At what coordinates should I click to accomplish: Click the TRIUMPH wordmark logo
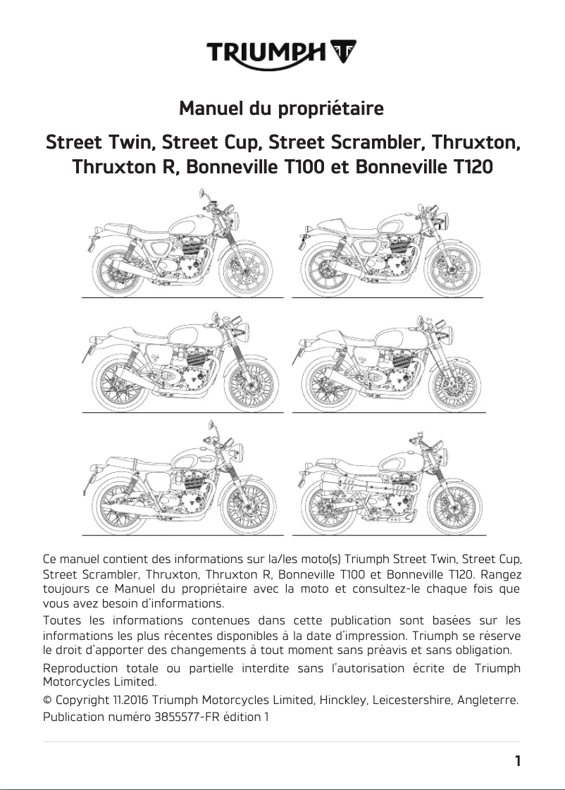pyautogui.click(x=266, y=52)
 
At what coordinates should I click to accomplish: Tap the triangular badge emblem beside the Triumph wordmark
pyautogui.click(x=342, y=51)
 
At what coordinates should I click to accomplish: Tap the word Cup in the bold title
pyautogui.click(x=243, y=143)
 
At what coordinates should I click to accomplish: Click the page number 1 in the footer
pyautogui.click(x=517, y=761)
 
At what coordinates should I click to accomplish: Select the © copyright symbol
pyautogui.click(x=47, y=700)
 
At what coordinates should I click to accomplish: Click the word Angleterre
pyautogui.click(x=489, y=700)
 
